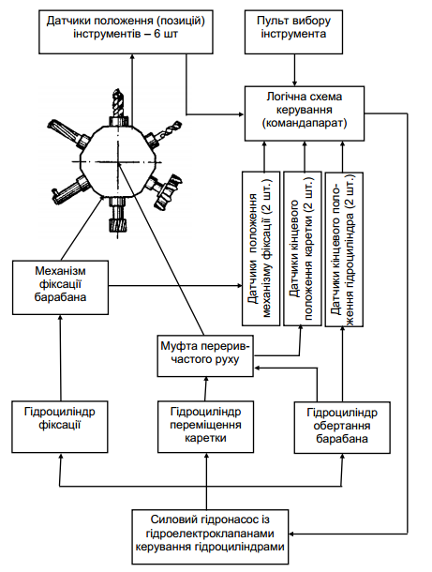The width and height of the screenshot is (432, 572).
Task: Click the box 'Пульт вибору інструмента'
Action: pos(293,32)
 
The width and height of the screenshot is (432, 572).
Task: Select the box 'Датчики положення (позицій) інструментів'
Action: pos(126,32)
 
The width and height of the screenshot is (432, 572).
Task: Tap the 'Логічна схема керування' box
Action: pos(304,113)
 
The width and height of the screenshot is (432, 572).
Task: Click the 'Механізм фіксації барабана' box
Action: pos(60,288)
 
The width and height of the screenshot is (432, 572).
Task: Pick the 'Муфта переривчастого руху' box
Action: pos(205,356)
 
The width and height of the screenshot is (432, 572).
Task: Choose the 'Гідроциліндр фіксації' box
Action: pos(60,427)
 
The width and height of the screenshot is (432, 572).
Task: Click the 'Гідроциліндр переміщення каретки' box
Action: pos(205,427)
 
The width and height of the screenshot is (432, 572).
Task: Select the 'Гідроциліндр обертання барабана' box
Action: pos(342,428)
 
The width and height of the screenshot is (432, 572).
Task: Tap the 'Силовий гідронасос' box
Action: pos(210,536)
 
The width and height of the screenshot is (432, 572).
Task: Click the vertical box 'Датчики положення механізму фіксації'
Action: pos(261,248)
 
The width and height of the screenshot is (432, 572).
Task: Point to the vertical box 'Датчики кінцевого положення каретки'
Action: pos(303,248)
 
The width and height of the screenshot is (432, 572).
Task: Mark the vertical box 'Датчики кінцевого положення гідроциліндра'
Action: pos(344,249)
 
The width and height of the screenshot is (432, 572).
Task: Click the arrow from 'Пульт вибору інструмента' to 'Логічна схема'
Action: pos(294,70)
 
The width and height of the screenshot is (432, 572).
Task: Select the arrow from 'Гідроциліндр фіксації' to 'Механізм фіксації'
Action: pos(61,358)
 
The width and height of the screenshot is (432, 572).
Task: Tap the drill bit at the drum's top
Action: pos(118,103)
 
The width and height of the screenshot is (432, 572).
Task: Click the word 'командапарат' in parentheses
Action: pos(305,123)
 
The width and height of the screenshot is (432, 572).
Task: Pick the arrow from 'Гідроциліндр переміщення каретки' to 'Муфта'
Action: pos(206,389)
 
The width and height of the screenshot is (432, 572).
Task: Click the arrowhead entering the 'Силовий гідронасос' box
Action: pos(291,534)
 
